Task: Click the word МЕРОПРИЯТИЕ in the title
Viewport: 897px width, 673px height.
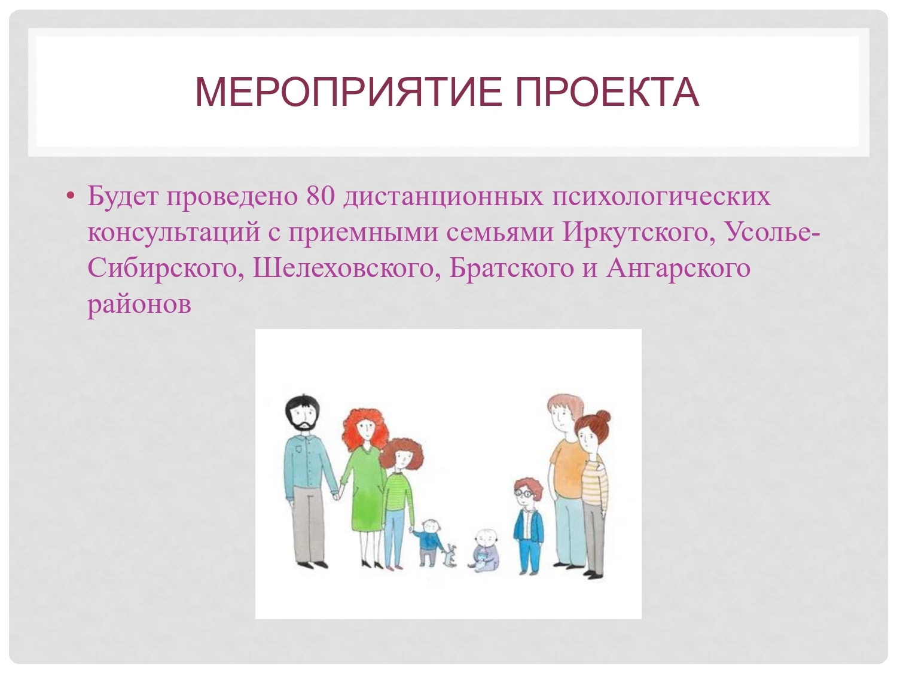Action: pyautogui.click(x=349, y=92)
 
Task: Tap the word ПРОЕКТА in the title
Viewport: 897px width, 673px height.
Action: pyautogui.click(x=607, y=92)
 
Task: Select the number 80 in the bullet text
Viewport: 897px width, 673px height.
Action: pyautogui.click(x=320, y=196)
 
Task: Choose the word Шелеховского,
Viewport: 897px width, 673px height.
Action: pyautogui.click(x=347, y=269)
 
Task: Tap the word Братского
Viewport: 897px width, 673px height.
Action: pyautogui.click(x=512, y=269)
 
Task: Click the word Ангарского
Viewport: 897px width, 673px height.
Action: pyautogui.click(x=678, y=269)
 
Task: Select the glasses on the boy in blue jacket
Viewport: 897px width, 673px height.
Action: pyautogui.click(x=524, y=493)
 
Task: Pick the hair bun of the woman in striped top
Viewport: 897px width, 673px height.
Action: pyautogui.click(x=602, y=417)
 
